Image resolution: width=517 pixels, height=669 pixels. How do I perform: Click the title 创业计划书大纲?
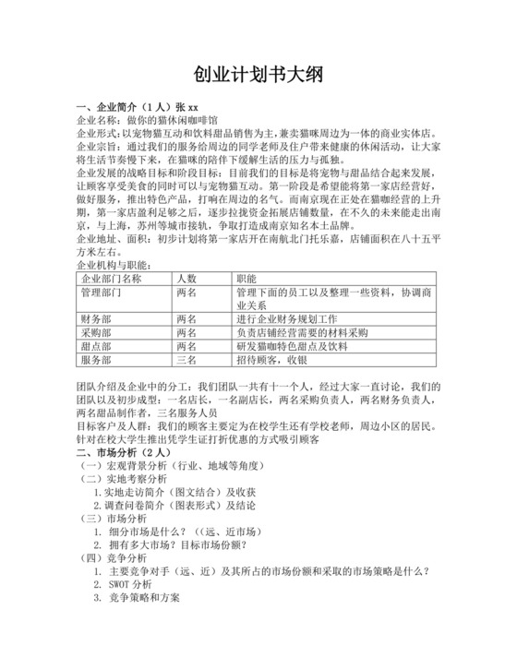[258, 75]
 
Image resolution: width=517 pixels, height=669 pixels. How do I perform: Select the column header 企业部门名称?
[112, 278]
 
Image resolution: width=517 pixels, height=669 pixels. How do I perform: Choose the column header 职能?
[246, 278]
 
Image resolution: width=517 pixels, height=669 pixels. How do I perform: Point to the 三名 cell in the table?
[186, 360]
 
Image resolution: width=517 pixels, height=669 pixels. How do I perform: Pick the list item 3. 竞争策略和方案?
[144, 597]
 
